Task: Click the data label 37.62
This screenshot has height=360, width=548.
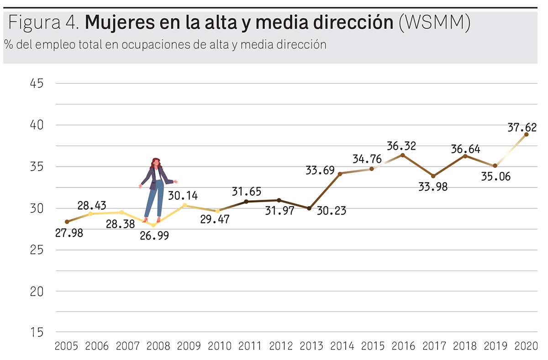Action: coord(522,128)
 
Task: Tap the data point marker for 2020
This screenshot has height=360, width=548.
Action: coord(527,134)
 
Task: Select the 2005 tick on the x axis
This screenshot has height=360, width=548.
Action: coord(67,346)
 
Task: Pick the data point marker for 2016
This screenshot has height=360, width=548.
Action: coord(402,155)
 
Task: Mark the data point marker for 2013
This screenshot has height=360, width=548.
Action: coord(309,208)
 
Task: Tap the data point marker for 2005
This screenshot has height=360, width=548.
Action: coord(67,222)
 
